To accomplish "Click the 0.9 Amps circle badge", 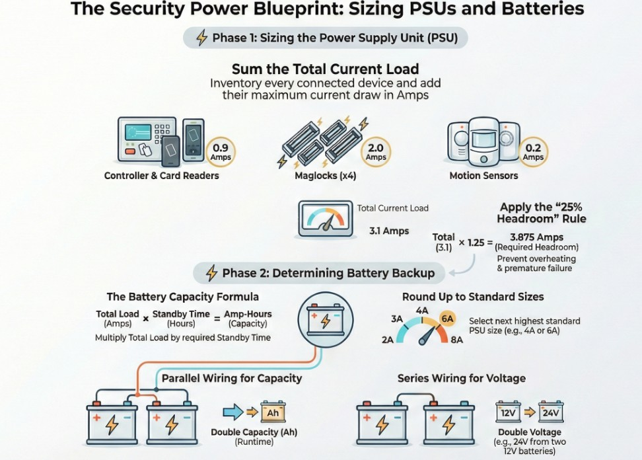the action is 221,152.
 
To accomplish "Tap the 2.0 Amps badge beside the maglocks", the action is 375,152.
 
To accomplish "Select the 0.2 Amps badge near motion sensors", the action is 532,152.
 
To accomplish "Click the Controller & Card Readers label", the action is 161,176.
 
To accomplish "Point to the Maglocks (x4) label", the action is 326,176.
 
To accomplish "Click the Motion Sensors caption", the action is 483,176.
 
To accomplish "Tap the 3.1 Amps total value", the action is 389,231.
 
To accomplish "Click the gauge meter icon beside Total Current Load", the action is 326,219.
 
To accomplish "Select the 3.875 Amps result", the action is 536,237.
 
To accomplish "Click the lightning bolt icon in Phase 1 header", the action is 201,38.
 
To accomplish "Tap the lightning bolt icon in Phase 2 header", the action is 211,273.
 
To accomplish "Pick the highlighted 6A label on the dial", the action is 447,319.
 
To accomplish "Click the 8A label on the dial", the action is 456,340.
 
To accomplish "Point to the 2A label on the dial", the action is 387,340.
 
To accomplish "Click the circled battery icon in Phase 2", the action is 326,319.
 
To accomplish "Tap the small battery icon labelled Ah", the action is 273,412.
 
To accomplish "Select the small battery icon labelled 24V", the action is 551,412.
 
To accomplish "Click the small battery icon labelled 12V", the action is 508,412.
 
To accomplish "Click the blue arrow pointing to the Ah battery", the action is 233,412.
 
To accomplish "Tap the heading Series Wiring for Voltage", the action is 462,378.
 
